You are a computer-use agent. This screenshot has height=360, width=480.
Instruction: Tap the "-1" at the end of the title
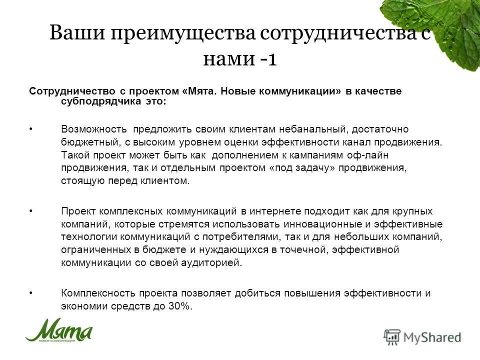[268, 59]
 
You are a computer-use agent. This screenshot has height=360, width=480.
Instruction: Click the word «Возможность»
[94, 129]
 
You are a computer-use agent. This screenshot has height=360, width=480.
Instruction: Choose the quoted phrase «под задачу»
[304, 168]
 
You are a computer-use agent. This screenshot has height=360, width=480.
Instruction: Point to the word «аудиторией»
[212, 262]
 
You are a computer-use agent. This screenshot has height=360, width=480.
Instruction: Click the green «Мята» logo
[59, 330]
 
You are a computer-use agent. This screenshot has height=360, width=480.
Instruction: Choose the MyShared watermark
[422, 336]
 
